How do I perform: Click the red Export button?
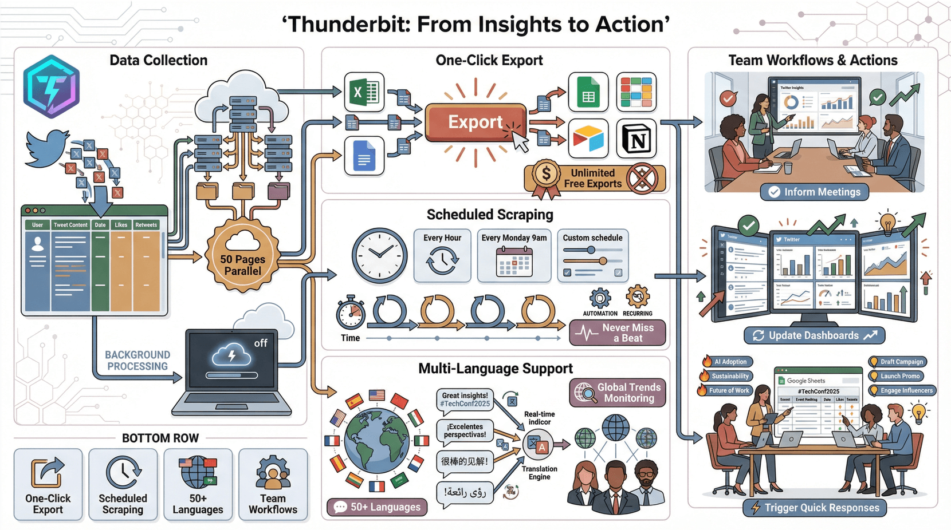(475, 122)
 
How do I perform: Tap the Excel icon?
(364, 92)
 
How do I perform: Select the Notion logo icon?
(636, 139)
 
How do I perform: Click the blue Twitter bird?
(47, 148)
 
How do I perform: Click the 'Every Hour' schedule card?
(442, 255)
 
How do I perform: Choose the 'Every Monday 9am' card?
(514, 255)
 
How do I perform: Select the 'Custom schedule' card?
(592, 255)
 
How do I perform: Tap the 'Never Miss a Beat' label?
(618, 333)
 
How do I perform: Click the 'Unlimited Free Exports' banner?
(594, 178)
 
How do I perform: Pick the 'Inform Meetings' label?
(814, 192)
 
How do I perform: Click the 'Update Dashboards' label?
(814, 335)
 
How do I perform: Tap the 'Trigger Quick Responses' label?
(814, 508)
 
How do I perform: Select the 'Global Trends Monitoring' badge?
(618, 393)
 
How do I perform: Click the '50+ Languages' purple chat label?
(378, 507)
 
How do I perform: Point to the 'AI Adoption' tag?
(726, 362)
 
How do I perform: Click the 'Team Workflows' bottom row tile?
(273, 484)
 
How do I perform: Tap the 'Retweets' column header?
(146, 225)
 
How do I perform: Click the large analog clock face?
(379, 255)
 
